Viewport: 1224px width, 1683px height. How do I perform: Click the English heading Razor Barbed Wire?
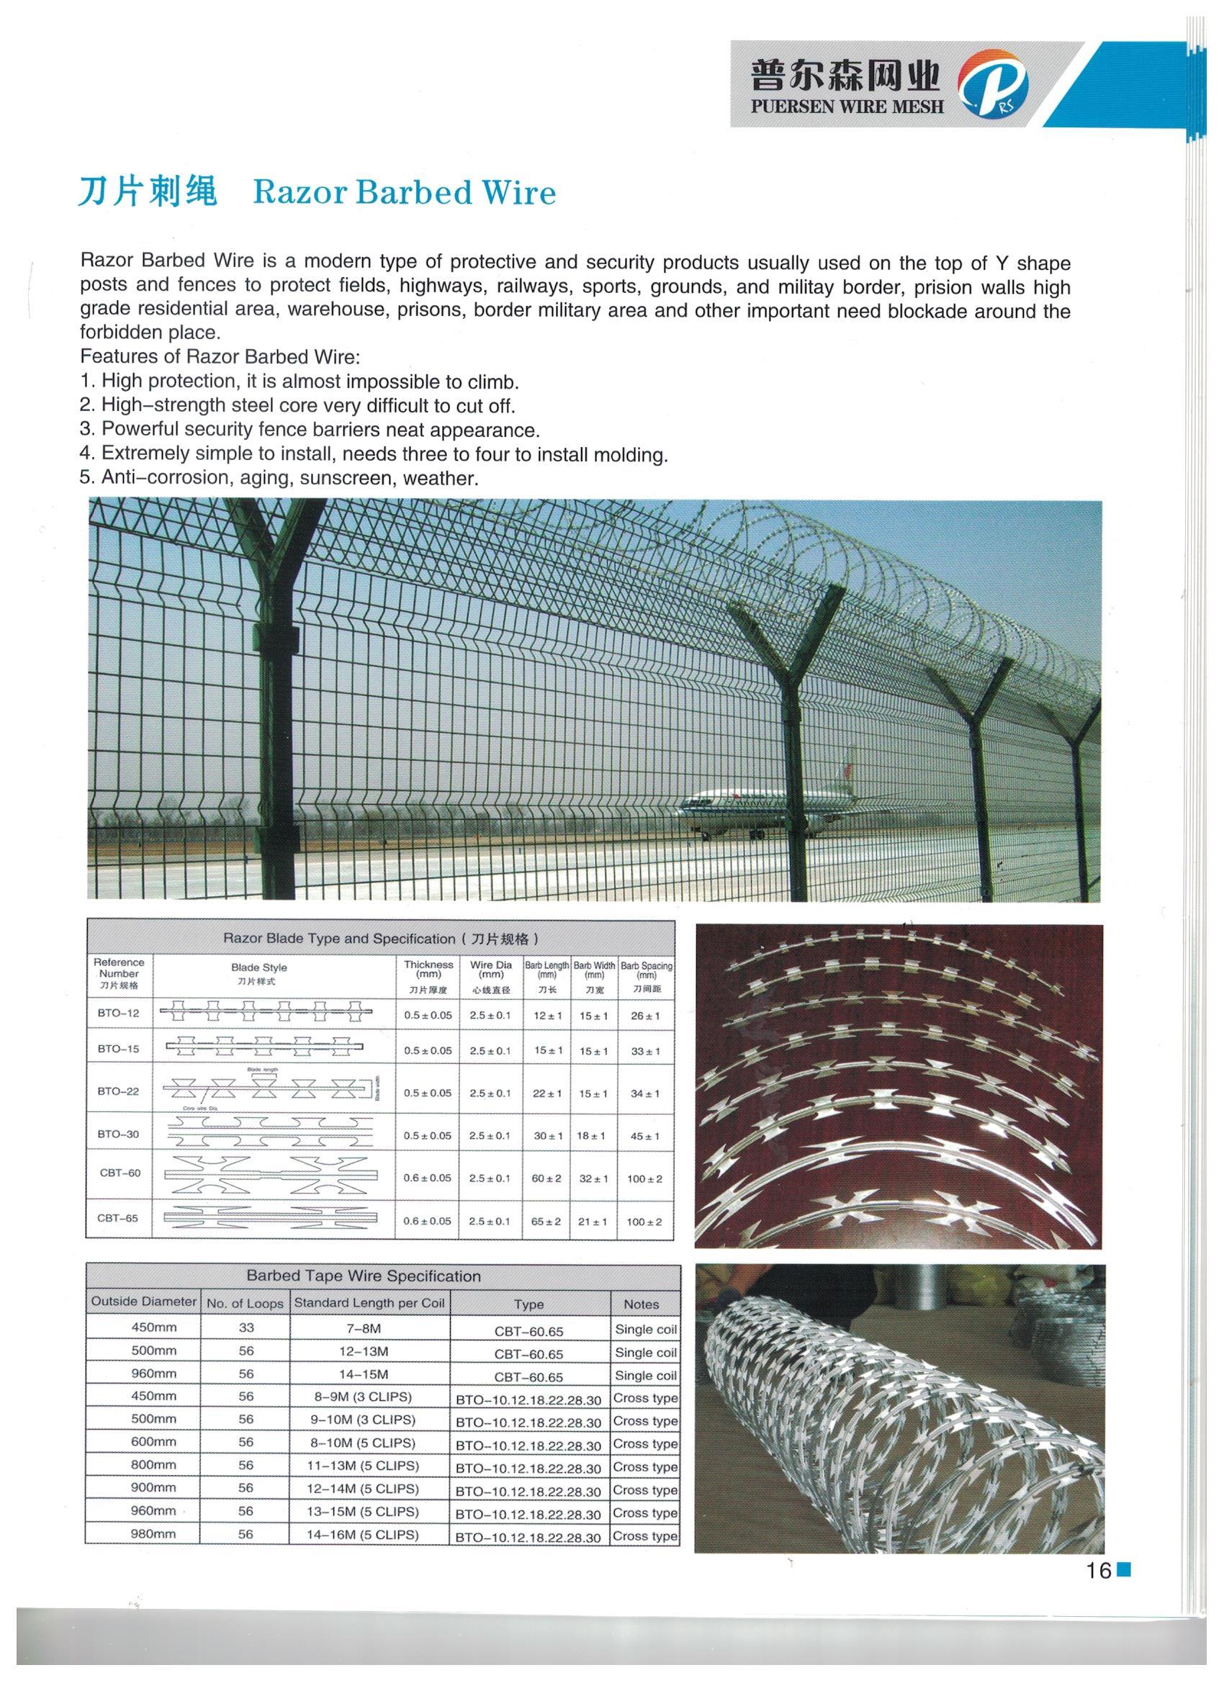404,193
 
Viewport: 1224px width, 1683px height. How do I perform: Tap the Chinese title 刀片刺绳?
148,191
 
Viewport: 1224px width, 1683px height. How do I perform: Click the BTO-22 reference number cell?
119,1091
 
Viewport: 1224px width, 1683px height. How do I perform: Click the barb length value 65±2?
546,1221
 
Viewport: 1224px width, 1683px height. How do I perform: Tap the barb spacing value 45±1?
645,1136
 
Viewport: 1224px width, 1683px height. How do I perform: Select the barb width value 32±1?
593,1178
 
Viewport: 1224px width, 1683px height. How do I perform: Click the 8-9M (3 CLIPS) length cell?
369,1397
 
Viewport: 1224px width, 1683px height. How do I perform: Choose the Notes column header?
642,1304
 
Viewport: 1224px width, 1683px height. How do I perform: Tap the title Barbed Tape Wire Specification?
364,1276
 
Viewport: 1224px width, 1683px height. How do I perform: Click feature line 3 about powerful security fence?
310,430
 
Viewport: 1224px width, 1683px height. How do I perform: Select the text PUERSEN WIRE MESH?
847,106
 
